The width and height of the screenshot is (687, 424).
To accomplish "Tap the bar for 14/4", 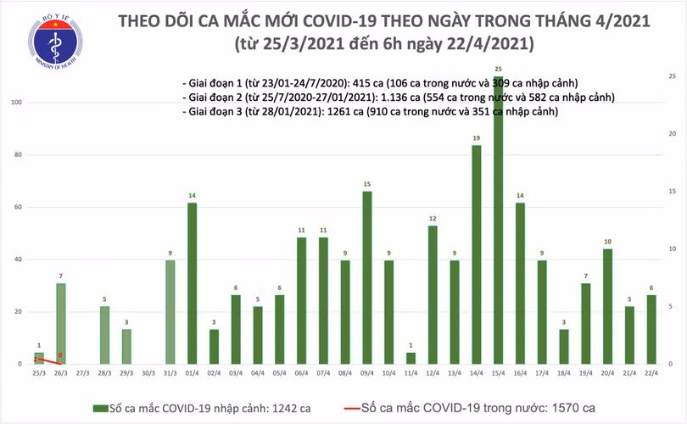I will coord(477,254).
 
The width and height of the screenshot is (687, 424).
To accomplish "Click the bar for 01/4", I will coord(192,283).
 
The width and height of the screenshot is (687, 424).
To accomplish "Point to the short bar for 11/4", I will coord(411,358).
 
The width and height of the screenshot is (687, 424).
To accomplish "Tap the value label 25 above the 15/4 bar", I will coord(497,68).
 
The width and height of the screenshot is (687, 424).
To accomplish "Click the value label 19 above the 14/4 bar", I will coord(477,137).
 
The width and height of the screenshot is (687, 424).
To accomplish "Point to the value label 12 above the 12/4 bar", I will coord(433,218).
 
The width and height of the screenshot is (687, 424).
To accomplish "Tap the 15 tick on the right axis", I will coord(671,192).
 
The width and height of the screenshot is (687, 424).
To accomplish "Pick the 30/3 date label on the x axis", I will coord(148,374).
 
